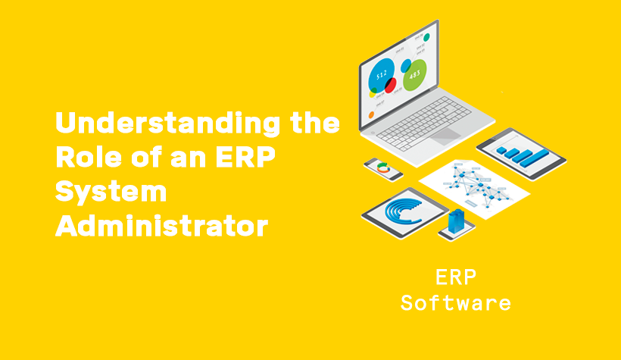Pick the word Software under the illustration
pyautogui.click(x=455, y=304)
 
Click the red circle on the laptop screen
pyautogui.click(x=390, y=85)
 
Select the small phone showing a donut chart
pyautogui.click(x=385, y=169)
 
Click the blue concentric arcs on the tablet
pyautogui.click(x=404, y=211)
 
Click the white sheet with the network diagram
pyautogui.click(x=474, y=186)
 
